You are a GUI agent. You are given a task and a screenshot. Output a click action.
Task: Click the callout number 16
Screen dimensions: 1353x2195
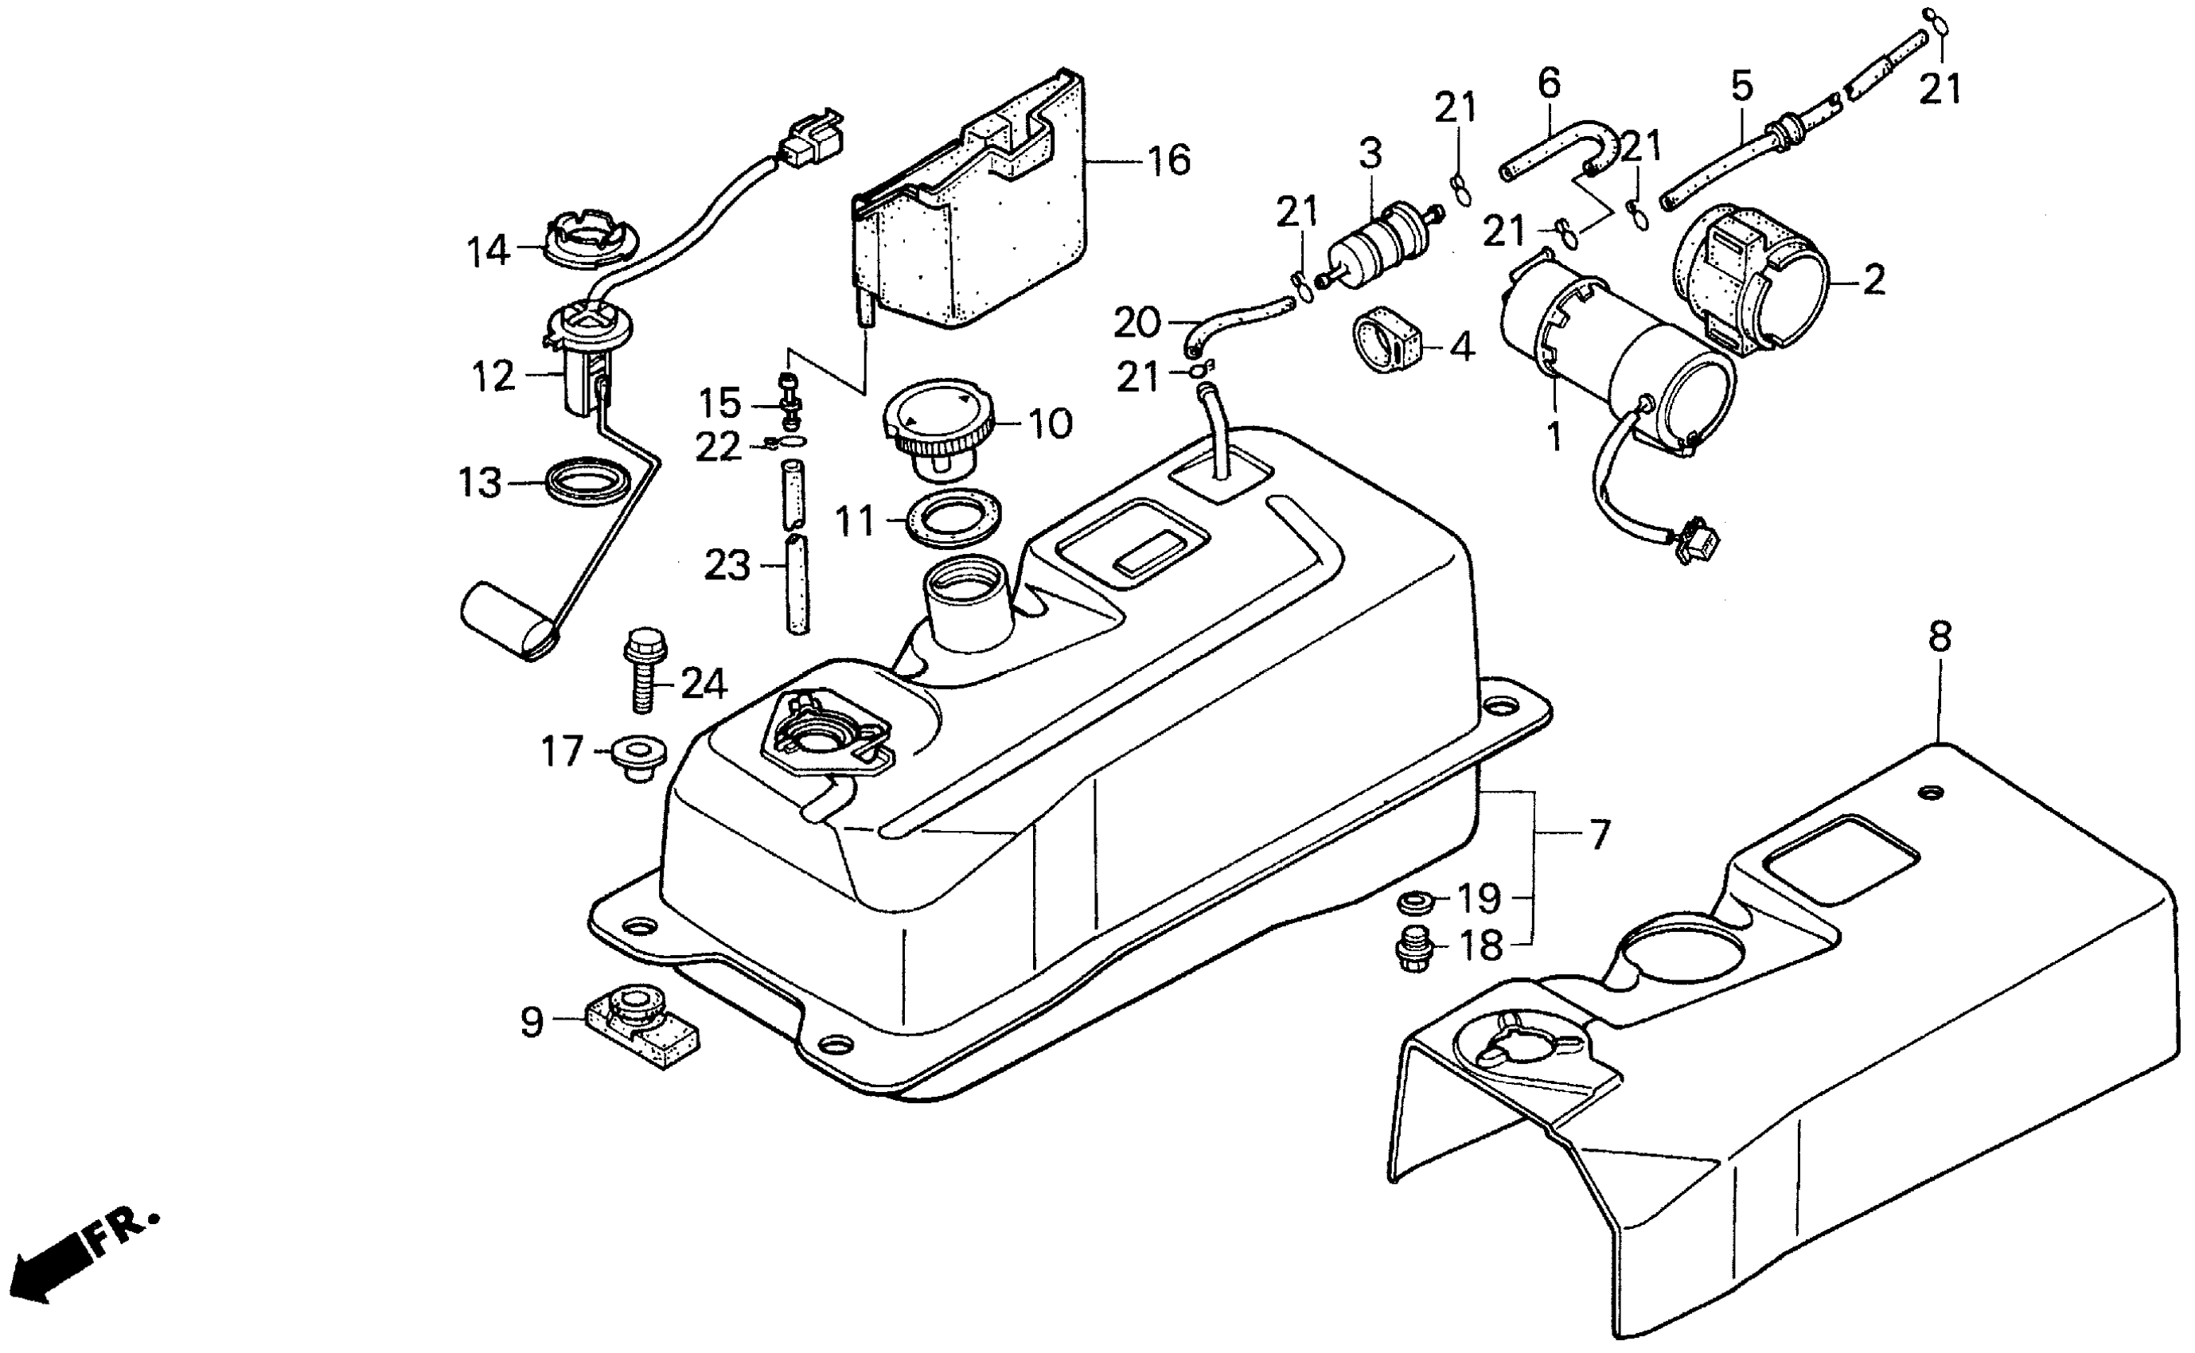[1168, 161]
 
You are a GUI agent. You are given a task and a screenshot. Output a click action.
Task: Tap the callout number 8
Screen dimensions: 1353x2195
[1939, 639]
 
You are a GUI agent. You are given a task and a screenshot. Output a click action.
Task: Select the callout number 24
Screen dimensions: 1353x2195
[704, 685]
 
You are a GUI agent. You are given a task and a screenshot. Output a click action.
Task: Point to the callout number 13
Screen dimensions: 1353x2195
[481, 484]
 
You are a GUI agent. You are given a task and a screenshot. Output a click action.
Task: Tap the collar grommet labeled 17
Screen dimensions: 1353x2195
[640, 756]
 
